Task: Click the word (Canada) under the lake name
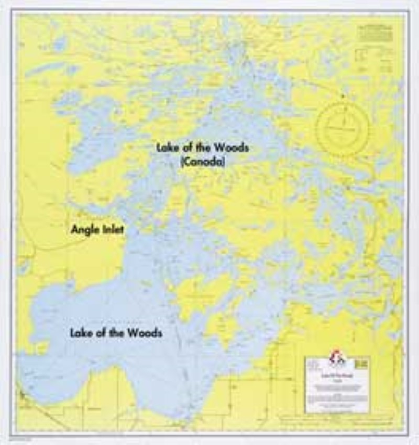click(202, 163)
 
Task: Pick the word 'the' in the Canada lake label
click(204, 148)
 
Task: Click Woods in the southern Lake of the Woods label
click(145, 333)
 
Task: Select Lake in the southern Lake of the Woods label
click(81, 333)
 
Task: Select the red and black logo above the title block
click(334, 359)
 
